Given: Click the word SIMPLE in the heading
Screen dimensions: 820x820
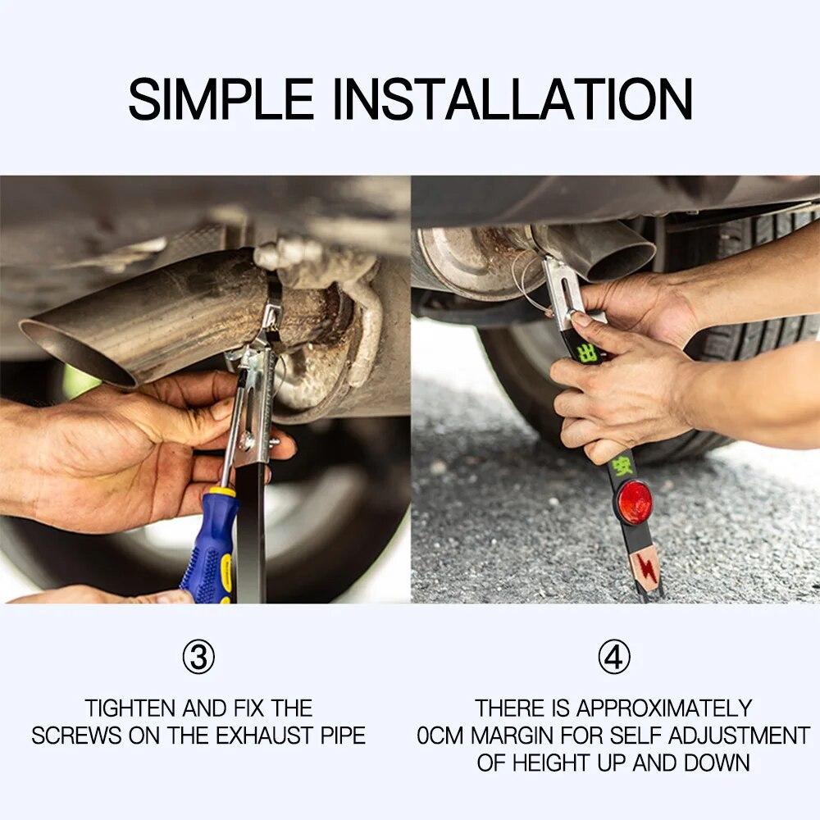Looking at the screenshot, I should point(221,99).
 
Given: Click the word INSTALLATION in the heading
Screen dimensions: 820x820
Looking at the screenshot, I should point(512,99).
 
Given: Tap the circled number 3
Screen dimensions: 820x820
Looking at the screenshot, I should point(198,658).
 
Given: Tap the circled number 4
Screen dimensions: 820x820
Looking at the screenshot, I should point(613,658).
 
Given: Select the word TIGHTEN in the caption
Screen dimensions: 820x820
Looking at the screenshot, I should point(133,708).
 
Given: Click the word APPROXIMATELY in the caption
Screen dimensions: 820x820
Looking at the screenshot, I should point(664,708).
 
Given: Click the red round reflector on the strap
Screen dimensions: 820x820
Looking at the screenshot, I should point(635,502).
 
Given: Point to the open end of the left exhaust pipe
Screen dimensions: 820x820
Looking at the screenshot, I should point(78,353).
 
